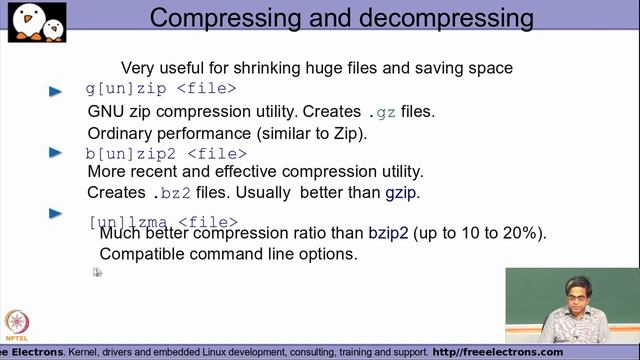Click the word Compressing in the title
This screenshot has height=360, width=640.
pos(228,18)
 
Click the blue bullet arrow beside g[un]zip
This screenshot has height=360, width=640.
pos(56,91)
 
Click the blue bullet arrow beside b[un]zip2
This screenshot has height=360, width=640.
pos(56,153)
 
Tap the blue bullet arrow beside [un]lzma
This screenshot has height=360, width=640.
pos(56,212)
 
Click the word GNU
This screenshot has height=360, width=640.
pos(106,111)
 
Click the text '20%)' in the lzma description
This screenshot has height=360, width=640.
pos(526,233)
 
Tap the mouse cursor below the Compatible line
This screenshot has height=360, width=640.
pos(97,271)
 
